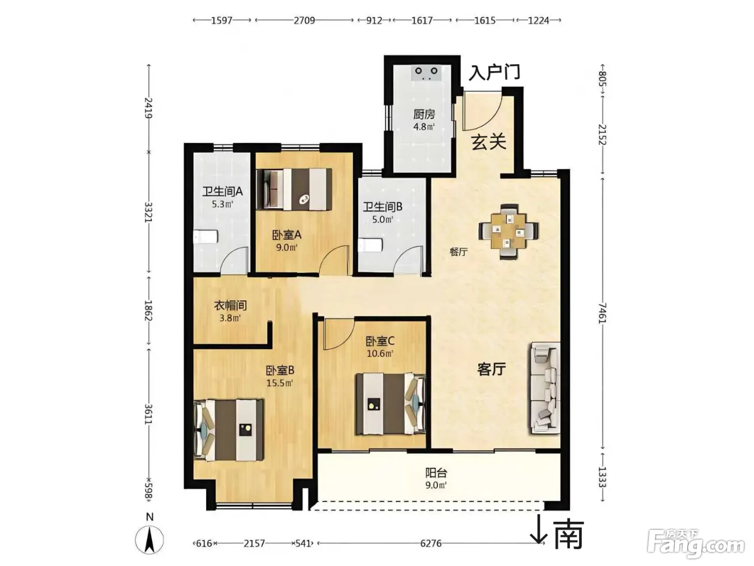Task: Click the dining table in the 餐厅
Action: [508, 231]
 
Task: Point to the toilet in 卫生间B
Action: [371, 246]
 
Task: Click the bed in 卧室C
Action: [390, 404]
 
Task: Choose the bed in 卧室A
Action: [295, 189]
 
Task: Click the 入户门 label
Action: [494, 73]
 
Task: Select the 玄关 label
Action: [488, 142]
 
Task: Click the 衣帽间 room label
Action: [230, 305]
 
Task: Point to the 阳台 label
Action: [436, 473]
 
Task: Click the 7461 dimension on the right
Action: [602, 313]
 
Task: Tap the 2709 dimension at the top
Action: [304, 20]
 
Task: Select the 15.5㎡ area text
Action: [280, 383]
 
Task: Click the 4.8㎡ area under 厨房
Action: [424, 127]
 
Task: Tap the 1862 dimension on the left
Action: [148, 310]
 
